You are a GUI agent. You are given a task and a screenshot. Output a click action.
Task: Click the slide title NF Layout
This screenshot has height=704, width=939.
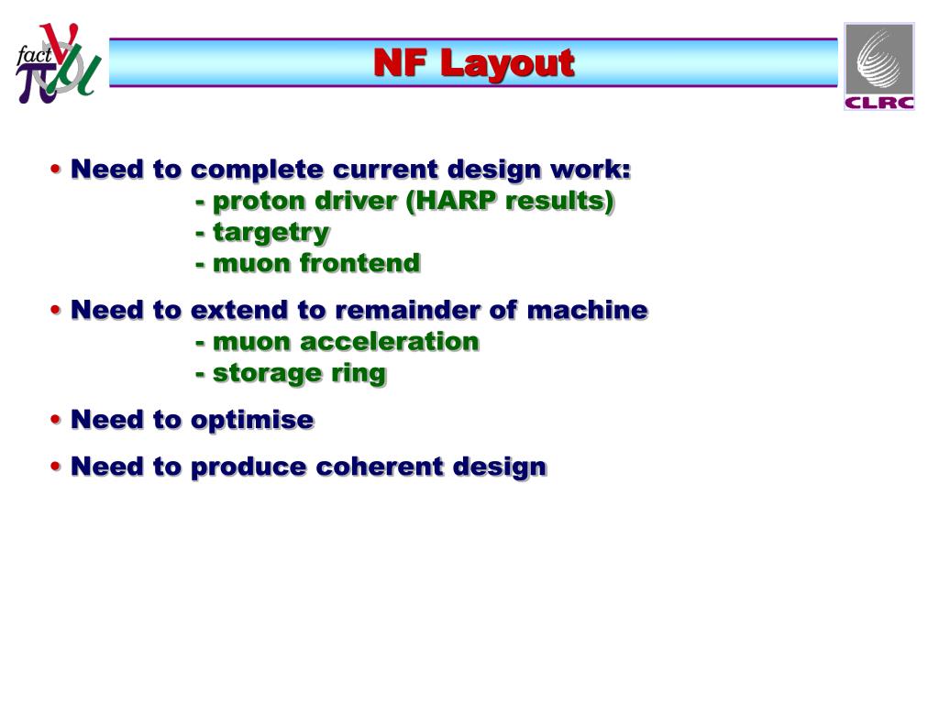pos(473,63)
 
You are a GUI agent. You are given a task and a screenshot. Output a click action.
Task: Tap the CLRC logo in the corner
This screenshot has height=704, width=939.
pos(878,66)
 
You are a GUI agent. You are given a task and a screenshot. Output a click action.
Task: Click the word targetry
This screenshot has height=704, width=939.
pos(271,233)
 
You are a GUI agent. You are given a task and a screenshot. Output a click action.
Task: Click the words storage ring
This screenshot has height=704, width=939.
pos(299,373)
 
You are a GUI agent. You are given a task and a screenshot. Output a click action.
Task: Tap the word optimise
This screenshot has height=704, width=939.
pos(252,420)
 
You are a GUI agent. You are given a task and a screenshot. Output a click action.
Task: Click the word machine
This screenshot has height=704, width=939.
pos(587,310)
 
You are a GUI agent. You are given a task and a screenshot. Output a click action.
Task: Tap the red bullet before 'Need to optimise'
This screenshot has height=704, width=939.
pos(57,421)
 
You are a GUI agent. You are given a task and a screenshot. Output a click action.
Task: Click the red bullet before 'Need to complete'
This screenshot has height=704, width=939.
pos(57,170)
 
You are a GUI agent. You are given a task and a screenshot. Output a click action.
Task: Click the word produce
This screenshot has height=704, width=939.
pos(249,467)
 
